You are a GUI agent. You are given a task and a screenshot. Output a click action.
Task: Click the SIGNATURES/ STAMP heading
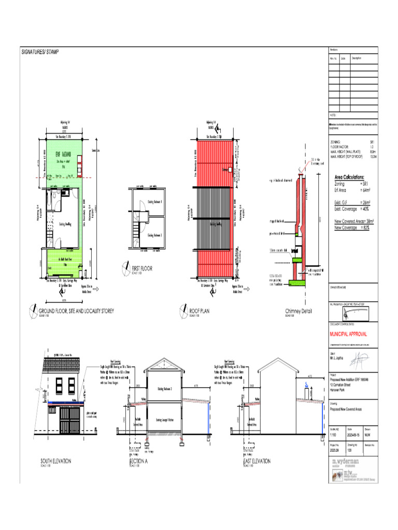pyautogui.click(x=40, y=52)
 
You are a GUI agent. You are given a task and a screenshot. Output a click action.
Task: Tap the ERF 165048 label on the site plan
pyautogui.click(x=63, y=154)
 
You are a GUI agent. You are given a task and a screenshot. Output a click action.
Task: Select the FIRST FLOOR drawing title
pyautogui.click(x=142, y=269)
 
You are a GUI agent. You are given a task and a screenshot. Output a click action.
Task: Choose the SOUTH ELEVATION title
pyautogui.click(x=56, y=460)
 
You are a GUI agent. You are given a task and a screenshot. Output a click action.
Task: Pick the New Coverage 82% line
pyautogui.click(x=352, y=228)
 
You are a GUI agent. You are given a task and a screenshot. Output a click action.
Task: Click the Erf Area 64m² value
pyautogui.click(x=352, y=190)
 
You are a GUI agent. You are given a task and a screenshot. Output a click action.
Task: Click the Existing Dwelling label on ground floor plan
pyautogui.click(x=65, y=224)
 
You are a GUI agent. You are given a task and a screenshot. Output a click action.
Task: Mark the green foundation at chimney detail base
pyautogui.click(x=297, y=283)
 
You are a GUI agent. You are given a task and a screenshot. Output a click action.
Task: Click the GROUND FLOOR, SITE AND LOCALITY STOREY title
pyautogui.click(x=76, y=311)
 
